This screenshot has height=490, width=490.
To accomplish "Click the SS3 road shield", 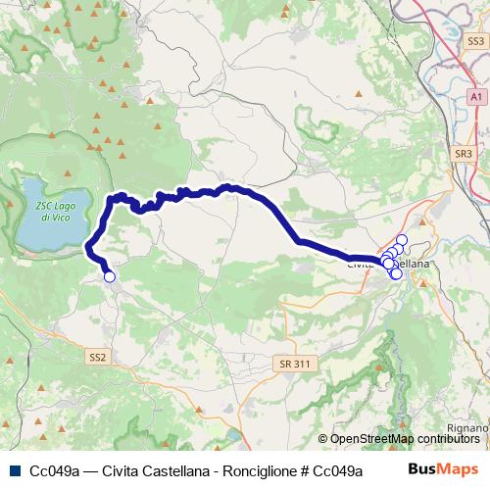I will [x=475, y=41].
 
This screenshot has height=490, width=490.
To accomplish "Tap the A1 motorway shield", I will [x=474, y=98].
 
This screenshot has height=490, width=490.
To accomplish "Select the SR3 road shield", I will [x=464, y=154].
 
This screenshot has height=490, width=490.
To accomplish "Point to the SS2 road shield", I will [x=96, y=356].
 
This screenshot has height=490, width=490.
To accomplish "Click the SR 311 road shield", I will [x=295, y=364].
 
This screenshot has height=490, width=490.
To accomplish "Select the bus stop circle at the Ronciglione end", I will [x=110, y=277].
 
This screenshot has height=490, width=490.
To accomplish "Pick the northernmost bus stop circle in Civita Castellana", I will [x=402, y=240].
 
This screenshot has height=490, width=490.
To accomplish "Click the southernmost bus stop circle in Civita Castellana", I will [x=396, y=274].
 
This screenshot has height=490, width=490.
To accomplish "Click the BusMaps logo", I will [x=443, y=468].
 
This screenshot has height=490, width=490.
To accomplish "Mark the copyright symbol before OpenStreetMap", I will [x=323, y=439].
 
